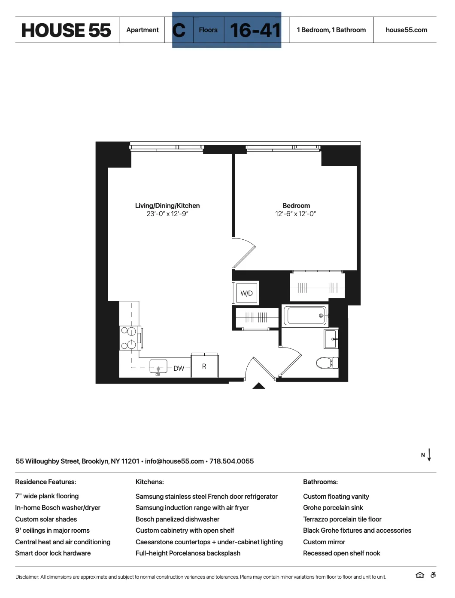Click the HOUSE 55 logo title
tap(66, 30)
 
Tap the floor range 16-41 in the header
tap(255, 30)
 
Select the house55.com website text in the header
tap(406, 30)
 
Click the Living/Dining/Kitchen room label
tap(167, 206)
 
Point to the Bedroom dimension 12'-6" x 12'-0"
tap(295, 214)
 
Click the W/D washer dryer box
tap(246, 293)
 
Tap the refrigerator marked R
tap(204, 366)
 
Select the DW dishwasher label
tap(179, 369)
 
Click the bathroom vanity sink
tap(331, 339)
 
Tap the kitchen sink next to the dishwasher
tap(158, 367)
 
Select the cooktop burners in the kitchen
tap(128, 338)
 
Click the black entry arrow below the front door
tap(258, 386)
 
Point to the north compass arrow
tap(429, 455)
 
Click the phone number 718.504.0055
tap(231, 461)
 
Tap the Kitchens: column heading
tap(149, 482)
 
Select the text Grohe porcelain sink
tap(333, 508)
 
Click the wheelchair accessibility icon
tap(433, 575)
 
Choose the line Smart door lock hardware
tap(53, 553)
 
